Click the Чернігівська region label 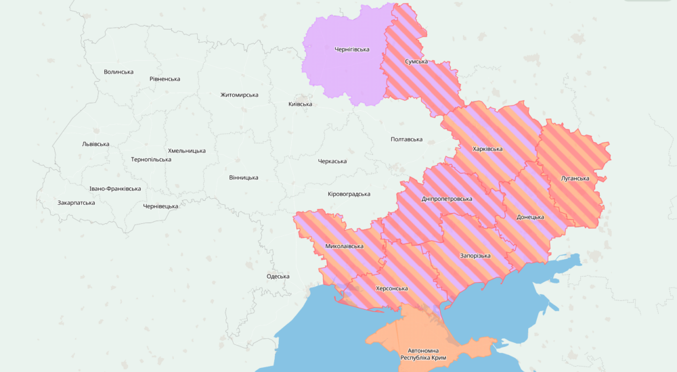click(x=351, y=49)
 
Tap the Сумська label click(x=416, y=62)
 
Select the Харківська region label click(x=487, y=149)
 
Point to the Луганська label click(x=575, y=179)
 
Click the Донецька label click(x=530, y=217)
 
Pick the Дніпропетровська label click(x=447, y=199)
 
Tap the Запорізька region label click(x=475, y=256)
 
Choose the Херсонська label click(x=391, y=288)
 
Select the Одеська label click(x=278, y=276)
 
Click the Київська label click(x=300, y=104)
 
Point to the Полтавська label click(x=406, y=139)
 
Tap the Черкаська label click(x=332, y=161)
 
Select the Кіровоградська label click(x=349, y=194)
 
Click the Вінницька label click(x=243, y=177)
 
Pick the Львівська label click(x=95, y=144)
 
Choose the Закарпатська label click(x=76, y=202)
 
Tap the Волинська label click(x=118, y=72)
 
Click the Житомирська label click(x=239, y=95)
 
